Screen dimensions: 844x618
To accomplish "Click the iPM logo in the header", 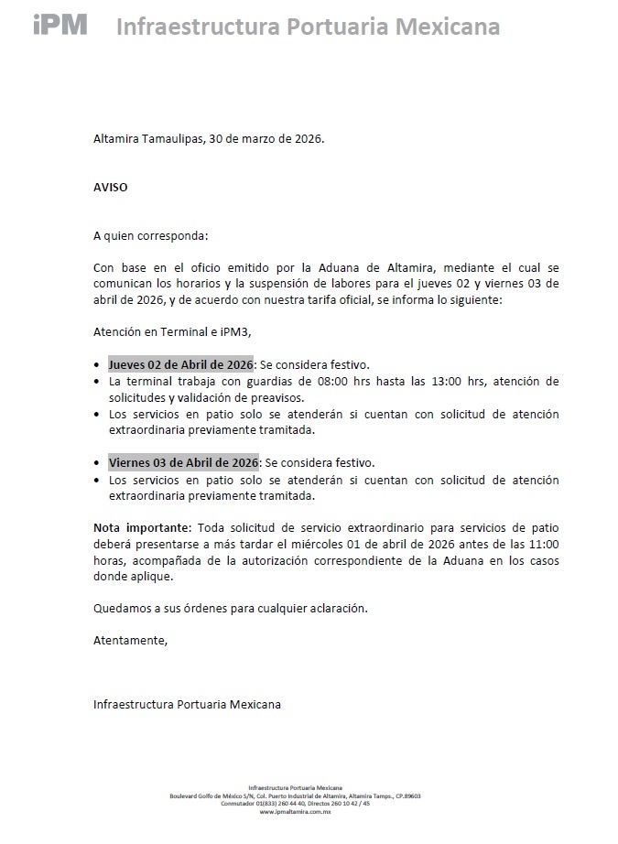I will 60,25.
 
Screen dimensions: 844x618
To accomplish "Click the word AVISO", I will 111,187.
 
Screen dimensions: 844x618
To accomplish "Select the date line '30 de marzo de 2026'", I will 267,139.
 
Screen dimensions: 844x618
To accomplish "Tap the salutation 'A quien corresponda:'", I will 151,235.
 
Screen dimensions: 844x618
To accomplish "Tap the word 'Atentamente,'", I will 131,641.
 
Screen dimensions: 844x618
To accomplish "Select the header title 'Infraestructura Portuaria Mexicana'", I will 308,27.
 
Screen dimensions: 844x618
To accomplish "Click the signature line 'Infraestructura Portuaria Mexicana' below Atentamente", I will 188,704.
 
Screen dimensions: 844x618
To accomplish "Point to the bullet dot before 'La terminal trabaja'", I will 98,381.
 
